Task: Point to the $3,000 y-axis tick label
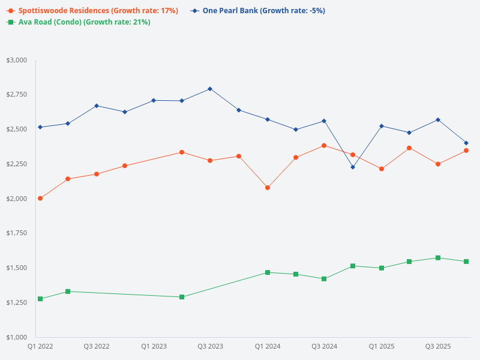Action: (x=17, y=60)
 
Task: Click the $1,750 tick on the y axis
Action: (x=17, y=233)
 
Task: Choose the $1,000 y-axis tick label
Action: (x=17, y=337)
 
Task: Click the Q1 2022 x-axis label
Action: (x=40, y=346)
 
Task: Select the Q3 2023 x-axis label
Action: (x=210, y=346)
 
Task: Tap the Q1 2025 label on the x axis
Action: (x=381, y=346)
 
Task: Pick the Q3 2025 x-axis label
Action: (x=438, y=346)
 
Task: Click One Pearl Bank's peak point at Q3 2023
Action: (x=210, y=89)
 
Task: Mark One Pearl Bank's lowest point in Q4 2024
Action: (x=353, y=167)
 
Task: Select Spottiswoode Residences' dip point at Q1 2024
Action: (x=268, y=188)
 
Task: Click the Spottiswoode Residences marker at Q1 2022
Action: (x=40, y=198)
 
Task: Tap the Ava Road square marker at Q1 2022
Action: (x=40, y=299)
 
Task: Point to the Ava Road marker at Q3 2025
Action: (x=438, y=258)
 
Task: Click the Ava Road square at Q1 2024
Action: (x=268, y=272)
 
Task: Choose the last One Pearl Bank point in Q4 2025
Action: (x=466, y=143)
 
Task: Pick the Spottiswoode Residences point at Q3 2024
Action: (x=324, y=145)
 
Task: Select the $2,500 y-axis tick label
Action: (x=17, y=129)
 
